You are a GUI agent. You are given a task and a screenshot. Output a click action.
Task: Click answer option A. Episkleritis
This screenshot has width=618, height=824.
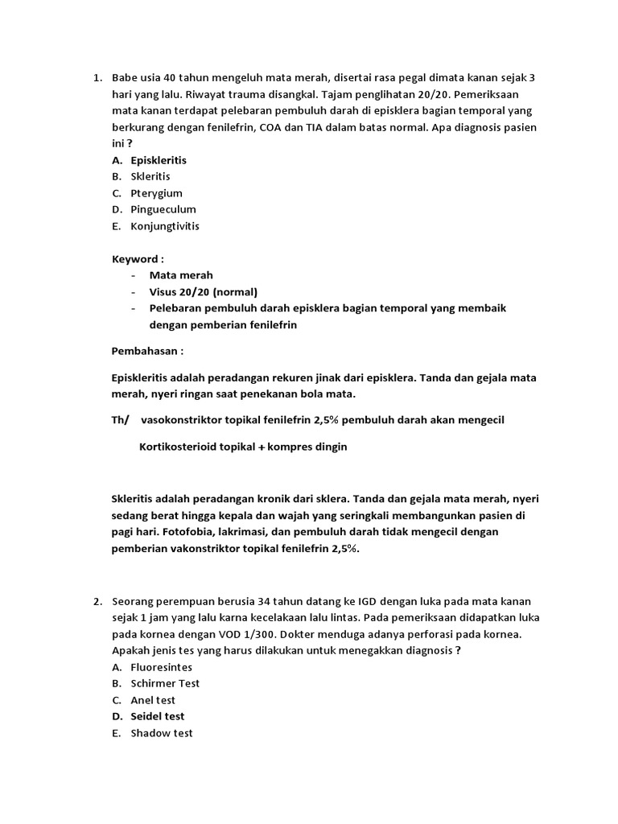tap(158, 160)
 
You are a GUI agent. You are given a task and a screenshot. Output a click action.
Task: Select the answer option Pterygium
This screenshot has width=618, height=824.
tap(156, 193)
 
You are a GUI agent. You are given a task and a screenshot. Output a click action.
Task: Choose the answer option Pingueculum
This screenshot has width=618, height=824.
tap(163, 209)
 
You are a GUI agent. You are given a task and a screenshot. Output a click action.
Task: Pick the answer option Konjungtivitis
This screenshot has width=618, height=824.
tap(164, 226)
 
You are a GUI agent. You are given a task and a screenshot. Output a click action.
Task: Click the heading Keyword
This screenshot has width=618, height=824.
tap(138, 259)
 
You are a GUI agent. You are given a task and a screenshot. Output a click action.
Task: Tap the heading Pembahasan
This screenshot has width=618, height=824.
tap(147, 351)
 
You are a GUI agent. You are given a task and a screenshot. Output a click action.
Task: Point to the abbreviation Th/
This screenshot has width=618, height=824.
tap(120, 420)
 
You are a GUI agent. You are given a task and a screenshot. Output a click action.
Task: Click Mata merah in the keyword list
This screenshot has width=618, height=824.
tap(181, 275)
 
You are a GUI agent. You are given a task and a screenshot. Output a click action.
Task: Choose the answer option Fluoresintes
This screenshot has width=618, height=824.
tap(161, 667)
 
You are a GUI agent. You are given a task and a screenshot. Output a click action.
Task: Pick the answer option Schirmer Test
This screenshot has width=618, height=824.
tap(165, 683)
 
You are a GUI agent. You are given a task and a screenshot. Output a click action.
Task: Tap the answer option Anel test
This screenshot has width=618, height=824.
tap(154, 700)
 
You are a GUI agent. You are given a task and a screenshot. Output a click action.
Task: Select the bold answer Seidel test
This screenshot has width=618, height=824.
tap(157, 716)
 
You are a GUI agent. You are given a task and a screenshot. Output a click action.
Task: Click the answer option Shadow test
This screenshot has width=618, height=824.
tap(161, 733)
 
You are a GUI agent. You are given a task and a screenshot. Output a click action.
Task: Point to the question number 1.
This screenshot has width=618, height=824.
tap(97, 78)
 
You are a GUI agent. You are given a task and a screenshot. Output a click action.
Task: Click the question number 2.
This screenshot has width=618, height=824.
tap(97, 602)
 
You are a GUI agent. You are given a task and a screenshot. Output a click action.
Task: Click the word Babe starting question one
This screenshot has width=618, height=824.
tap(126, 78)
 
